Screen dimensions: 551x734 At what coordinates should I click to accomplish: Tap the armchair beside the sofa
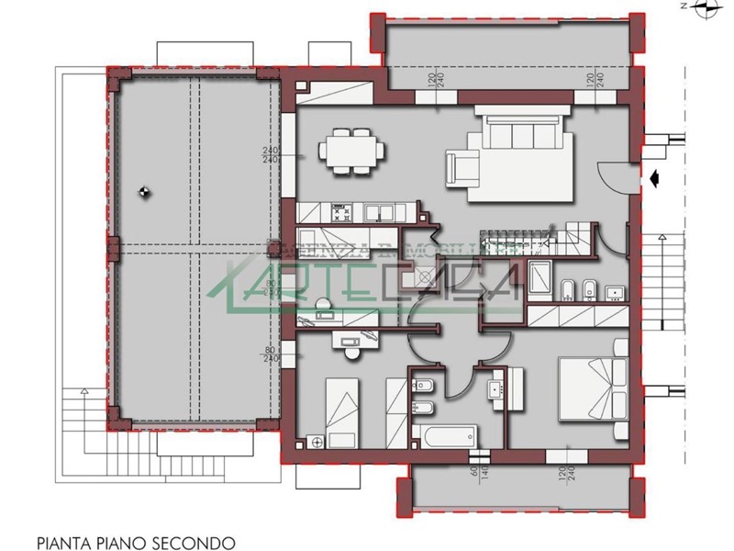[x=462, y=169]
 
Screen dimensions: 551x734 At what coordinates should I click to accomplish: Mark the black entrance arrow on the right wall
[x=655, y=179]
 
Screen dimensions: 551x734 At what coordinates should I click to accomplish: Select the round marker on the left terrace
[x=143, y=192]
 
